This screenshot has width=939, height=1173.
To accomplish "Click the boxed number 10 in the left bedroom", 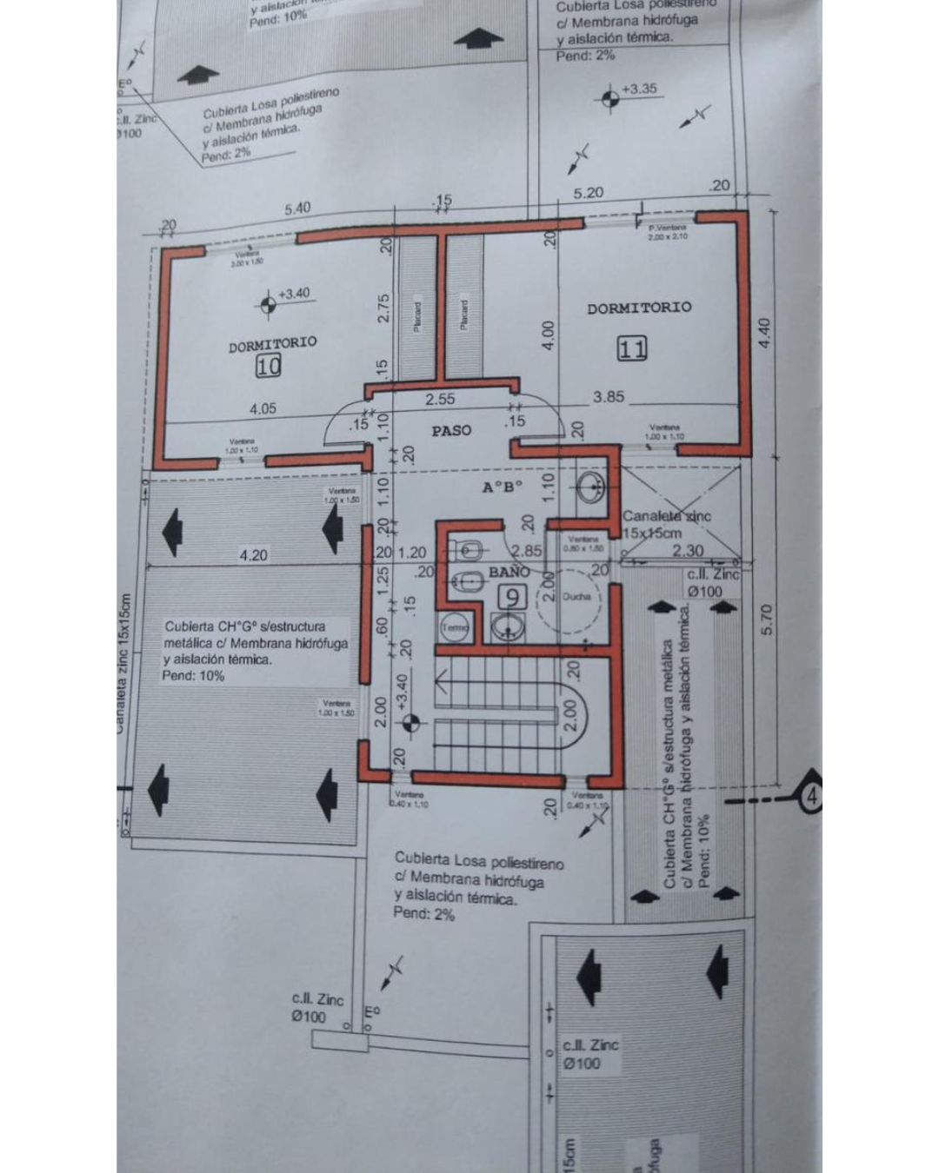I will point(269,367).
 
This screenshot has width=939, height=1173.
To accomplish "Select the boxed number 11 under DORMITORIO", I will point(632,349).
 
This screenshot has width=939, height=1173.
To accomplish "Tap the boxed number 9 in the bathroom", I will point(515,597).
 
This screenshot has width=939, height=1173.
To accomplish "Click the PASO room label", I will point(452,430).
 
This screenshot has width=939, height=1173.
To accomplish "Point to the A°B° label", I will point(503,487).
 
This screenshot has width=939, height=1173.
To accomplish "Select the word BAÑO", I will point(509,572).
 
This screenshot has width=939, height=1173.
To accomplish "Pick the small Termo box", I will point(455,626).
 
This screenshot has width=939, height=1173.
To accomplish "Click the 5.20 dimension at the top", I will point(588,193).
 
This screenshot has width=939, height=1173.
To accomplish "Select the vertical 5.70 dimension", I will point(765,619).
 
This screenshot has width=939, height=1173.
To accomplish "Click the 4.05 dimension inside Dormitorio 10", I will point(263,408).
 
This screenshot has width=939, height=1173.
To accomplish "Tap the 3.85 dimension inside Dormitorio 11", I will point(609,396).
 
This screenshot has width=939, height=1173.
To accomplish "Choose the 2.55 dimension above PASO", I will point(440,400).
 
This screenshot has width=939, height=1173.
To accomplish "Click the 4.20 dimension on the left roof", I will point(253,554).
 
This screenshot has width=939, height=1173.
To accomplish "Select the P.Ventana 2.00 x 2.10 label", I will point(668,232).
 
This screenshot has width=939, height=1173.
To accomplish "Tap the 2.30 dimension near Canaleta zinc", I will point(688,550).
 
